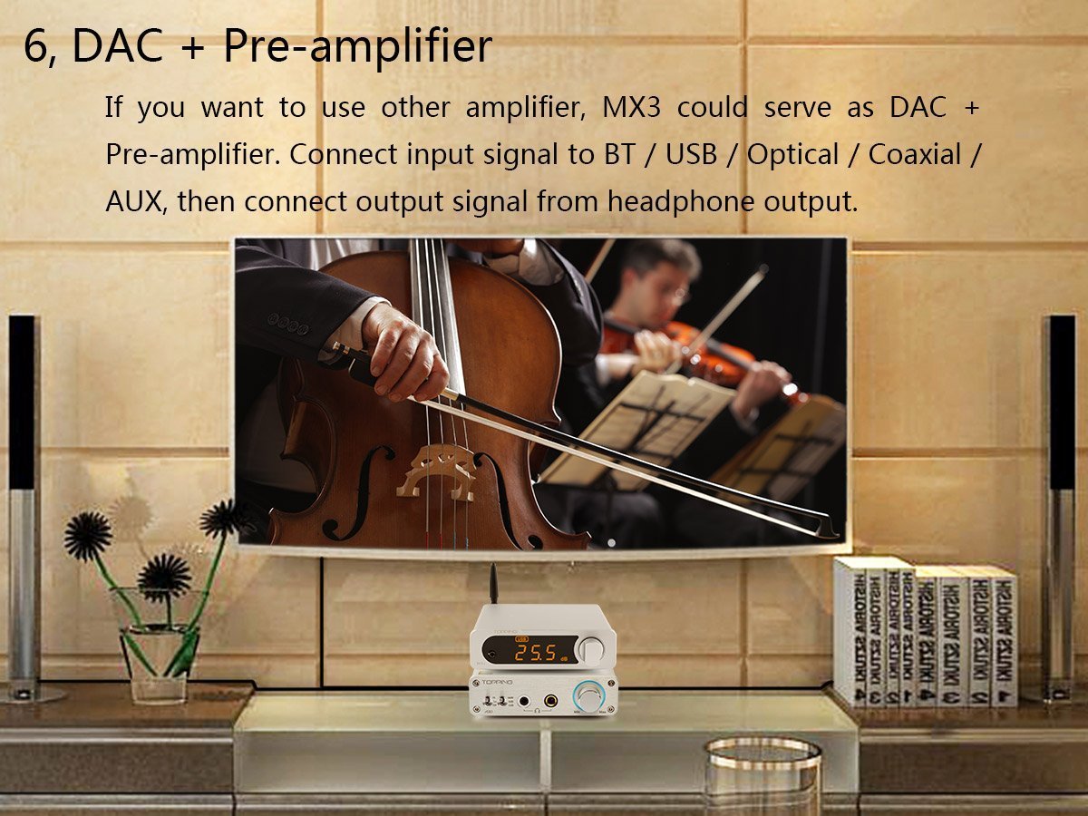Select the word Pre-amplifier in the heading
357,47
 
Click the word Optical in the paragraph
792,155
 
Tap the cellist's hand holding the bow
403,354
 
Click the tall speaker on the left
23,508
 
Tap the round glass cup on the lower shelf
763,771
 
